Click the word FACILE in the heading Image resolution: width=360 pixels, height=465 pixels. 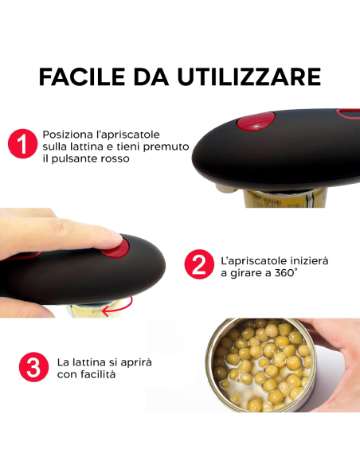(77, 76)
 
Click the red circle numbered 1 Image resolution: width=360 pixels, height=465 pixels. (22, 146)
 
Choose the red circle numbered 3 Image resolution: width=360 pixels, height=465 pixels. (31, 368)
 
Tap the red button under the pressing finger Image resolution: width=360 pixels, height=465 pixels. (116, 247)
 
